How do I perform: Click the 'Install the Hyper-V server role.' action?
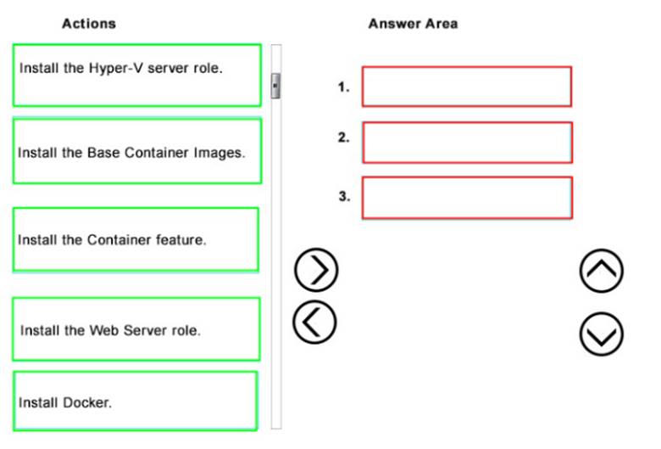click(137, 76)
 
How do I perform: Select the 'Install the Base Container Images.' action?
click(137, 151)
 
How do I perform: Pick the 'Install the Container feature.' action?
click(136, 239)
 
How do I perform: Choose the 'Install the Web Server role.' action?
click(136, 329)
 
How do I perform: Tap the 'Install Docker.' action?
click(135, 401)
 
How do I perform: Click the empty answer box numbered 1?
click(467, 87)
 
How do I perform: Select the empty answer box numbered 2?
click(467, 143)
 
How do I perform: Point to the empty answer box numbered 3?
click(467, 198)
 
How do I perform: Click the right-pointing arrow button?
click(316, 270)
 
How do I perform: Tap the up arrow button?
click(602, 271)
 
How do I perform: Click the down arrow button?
click(602, 334)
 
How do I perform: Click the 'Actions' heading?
click(89, 24)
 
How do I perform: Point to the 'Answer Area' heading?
click(414, 24)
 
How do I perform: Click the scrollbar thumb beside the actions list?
click(275, 86)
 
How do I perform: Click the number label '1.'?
click(343, 87)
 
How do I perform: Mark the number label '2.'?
click(343, 138)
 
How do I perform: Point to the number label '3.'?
click(344, 196)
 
